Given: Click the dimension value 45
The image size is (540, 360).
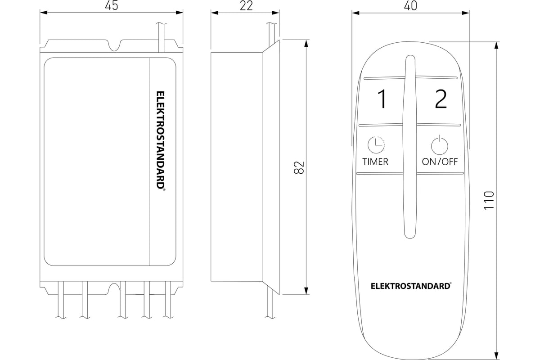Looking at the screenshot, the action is (112, 5).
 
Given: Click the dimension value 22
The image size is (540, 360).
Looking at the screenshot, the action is (246, 6).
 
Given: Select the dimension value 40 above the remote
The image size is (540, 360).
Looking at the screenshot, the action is (410, 5).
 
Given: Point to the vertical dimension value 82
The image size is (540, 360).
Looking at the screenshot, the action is (299, 167).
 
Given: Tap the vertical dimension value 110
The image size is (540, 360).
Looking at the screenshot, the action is (489, 200).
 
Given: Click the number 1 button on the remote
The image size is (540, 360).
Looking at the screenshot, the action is (382, 99).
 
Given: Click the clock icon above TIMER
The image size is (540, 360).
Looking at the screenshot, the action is (376, 145).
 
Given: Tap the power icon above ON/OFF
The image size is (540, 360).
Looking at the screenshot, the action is (440, 145).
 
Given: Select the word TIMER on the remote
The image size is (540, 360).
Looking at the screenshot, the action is (375, 162).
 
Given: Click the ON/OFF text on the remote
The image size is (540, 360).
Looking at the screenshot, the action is (440, 162).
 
